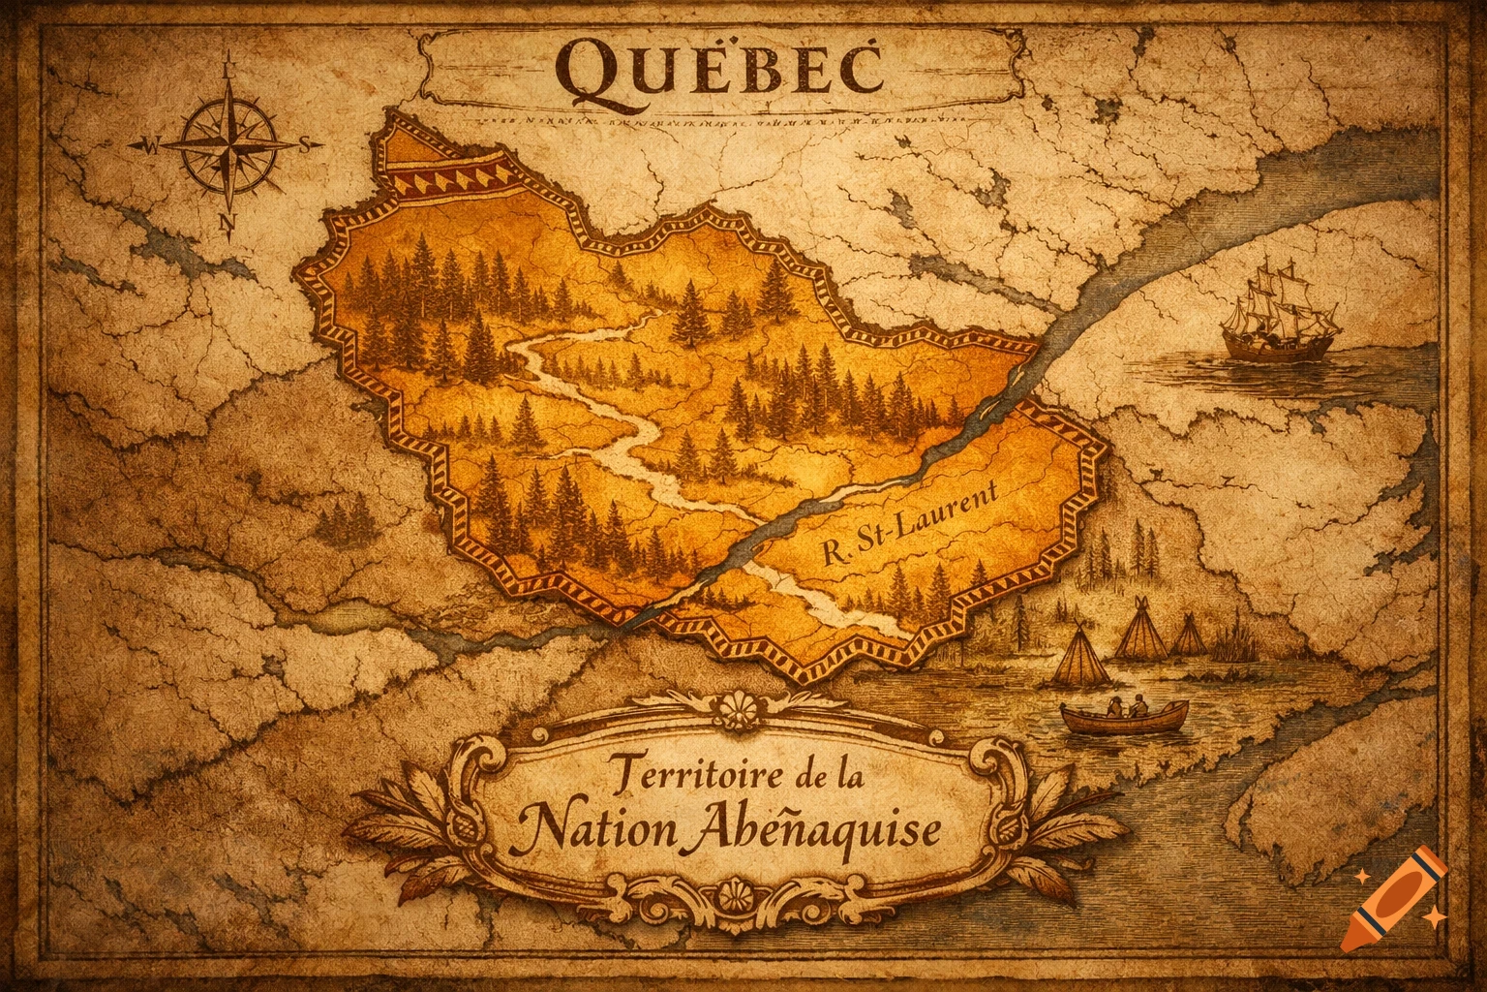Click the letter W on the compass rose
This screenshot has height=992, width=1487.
(x=149, y=147)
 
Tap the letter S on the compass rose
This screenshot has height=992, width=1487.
(x=304, y=145)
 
